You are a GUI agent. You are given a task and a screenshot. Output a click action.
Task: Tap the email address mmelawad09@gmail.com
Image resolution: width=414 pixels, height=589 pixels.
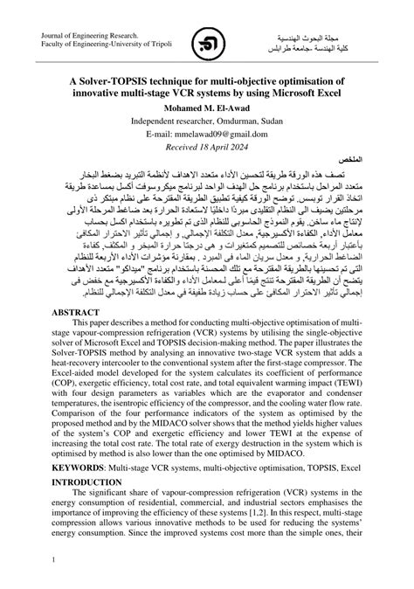pyautogui.click(x=207, y=134)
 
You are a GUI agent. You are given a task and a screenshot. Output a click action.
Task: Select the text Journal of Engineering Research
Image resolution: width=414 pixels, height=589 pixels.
pyautogui.click(x=89, y=35)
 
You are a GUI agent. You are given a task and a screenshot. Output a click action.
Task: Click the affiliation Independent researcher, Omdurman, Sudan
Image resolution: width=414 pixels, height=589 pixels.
pyautogui.click(x=207, y=121)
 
